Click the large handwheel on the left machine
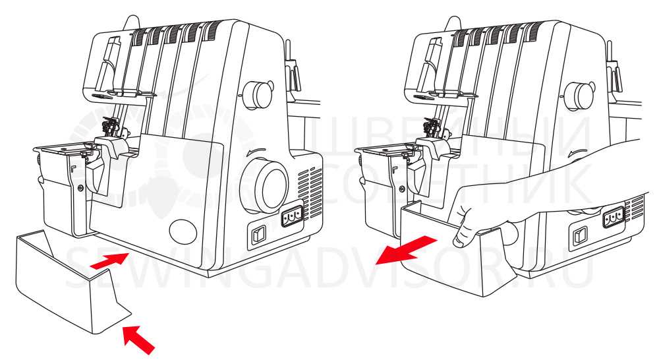coord(265,185)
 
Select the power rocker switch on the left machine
coord(258,235)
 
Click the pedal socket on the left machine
coord(292,216)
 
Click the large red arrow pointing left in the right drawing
coord(406,249)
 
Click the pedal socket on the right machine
coord(613,218)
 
